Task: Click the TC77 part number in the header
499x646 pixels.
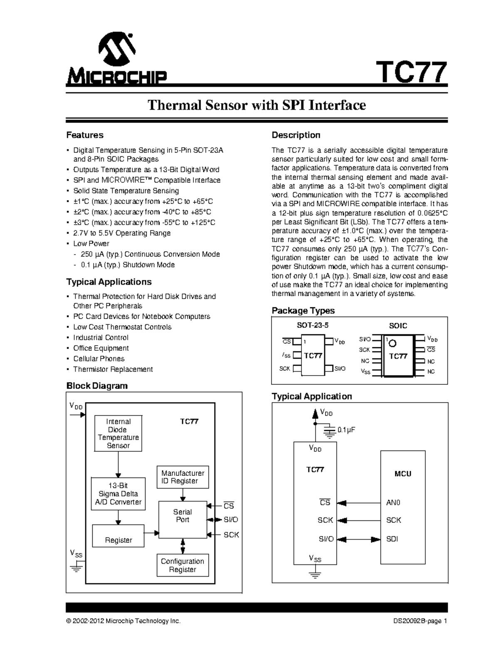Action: coord(412,73)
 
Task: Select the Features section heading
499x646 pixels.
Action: coord(85,135)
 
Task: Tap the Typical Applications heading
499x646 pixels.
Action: coord(109,282)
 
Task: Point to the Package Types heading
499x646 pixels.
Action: coord(303,311)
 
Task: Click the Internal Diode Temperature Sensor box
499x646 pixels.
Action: coord(119,433)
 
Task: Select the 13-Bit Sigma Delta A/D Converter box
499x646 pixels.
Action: coord(119,494)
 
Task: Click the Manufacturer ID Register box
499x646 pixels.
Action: coord(183,477)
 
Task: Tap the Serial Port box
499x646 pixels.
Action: coord(183,516)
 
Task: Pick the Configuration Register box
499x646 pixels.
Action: coord(183,565)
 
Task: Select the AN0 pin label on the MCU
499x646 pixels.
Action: coord(393,503)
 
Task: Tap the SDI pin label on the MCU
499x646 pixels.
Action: coord(392,539)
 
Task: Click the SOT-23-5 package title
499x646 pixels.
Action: coord(310,325)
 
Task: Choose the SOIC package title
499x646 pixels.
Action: coord(398,326)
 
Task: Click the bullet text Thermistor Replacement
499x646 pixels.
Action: coord(113,369)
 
